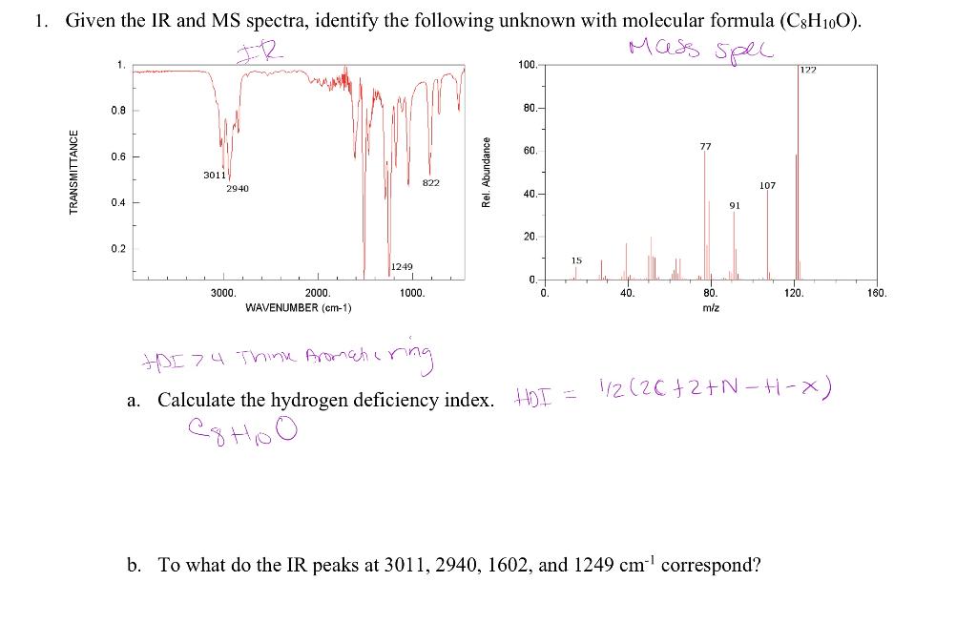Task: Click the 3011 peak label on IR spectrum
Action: [x=214, y=175]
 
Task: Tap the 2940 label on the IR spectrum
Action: [x=238, y=189]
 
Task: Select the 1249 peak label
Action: [x=401, y=267]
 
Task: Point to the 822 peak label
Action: [x=431, y=182]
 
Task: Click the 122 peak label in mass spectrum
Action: [x=808, y=71]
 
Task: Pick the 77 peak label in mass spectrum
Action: [x=705, y=146]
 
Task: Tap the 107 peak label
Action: [x=767, y=185]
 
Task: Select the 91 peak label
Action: [x=735, y=204]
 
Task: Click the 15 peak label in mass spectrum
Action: [x=576, y=260]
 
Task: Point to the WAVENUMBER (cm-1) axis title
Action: [x=299, y=308]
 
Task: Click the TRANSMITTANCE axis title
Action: [x=74, y=172]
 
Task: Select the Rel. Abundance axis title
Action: [x=487, y=172]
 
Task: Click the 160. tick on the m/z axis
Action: [x=877, y=294]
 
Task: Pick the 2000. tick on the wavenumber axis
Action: [x=318, y=294]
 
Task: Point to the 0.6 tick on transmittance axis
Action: [x=117, y=156]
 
